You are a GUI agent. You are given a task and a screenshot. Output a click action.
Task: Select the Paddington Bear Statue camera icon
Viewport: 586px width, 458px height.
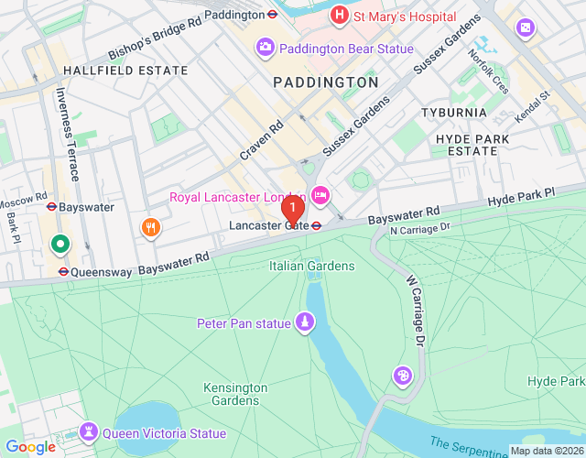click(x=266, y=46)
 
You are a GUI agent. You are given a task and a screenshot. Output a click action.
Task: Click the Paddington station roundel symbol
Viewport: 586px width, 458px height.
click(x=272, y=15)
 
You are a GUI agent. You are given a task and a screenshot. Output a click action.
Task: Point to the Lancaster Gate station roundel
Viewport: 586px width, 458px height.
click(x=316, y=224)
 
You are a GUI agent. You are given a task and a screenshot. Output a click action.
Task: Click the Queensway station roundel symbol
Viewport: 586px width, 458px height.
click(x=62, y=271)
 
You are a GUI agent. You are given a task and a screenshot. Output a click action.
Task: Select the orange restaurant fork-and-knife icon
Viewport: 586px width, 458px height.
click(x=146, y=226)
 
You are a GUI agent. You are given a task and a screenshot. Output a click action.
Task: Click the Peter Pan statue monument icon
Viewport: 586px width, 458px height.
click(x=304, y=322)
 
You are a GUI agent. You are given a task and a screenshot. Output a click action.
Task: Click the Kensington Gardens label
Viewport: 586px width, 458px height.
click(x=235, y=394)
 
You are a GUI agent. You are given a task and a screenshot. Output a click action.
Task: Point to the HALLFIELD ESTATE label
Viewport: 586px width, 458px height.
click(x=114, y=70)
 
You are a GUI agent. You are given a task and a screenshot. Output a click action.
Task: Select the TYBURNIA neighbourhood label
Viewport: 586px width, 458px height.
click(x=455, y=112)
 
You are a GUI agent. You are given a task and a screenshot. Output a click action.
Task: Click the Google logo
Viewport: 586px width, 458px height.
click(x=30, y=446)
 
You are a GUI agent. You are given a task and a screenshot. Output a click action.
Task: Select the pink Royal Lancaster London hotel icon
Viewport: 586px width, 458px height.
click(x=320, y=194)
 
